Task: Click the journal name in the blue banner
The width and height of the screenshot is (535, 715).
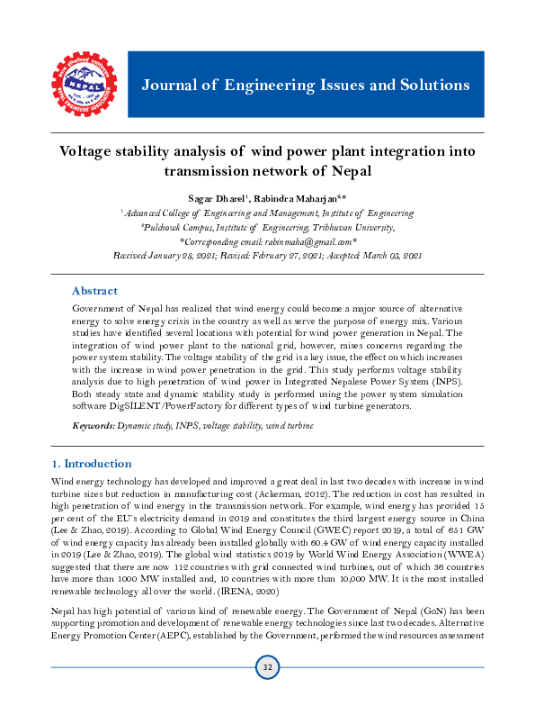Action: [x=306, y=86]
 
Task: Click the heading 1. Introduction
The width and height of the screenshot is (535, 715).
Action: [x=91, y=464]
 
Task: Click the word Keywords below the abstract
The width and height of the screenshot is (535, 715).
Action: [x=93, y=423]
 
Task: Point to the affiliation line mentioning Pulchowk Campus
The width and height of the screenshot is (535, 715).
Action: [x=267, y=228]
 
